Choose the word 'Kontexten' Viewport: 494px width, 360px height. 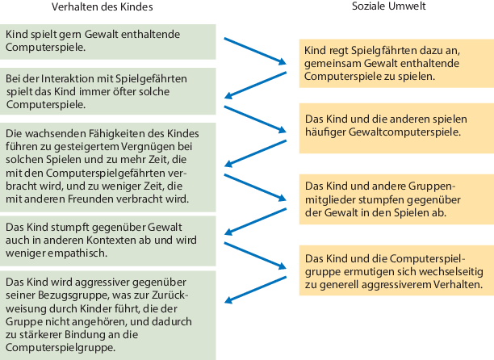(101, 240)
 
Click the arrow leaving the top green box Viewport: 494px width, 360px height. (253, 48)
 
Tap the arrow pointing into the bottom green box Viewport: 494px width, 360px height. (253, 288)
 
